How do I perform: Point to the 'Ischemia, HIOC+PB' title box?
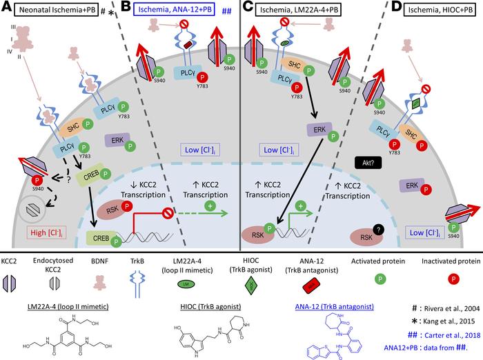tap(435, 11)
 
